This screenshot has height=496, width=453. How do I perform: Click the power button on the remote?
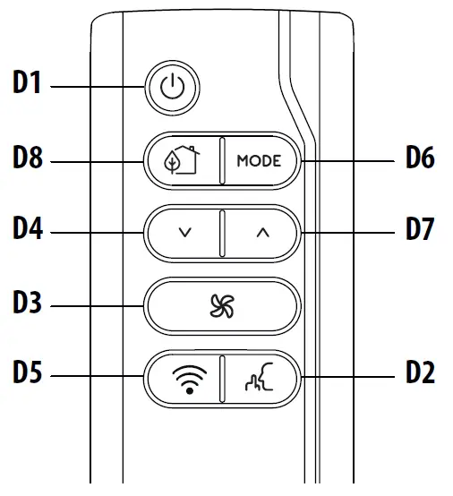pyautogui.click(x=175, y=89)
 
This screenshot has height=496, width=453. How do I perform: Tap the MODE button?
pyautogui.click(x=259, y=162)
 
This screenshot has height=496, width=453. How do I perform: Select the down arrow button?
pyautogui.click(x=184, y=233)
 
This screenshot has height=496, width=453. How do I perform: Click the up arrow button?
pyautogui.click(x=261, y=233)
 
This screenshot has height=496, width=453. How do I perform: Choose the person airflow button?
pyautogui.click(x=260, y=380)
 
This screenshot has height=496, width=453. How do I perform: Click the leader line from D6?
pyautogui.click(x=349, y=161)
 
